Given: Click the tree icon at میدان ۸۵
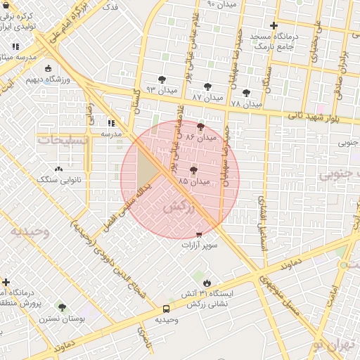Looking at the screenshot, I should pyautogui.click(x=193, y=170).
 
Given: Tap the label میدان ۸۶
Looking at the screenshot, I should pyautogui.click(x=199, y=139).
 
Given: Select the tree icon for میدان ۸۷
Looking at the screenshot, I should pyautogui.click(x=208, y=87).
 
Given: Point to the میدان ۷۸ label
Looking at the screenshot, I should pyautogui.click(x=245, y=104).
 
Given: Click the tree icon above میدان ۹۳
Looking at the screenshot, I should pyautogui.click(x=162, y=79).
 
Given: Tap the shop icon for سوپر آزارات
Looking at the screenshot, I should pyautogui.click(x=199, y=234).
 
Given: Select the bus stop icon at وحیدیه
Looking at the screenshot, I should pyautogui.click(x=167, y=309).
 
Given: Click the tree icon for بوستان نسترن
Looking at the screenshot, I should pyautogui.click(x=63, y=307).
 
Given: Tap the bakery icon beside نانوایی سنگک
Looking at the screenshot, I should pyautogui.click(x=58, y=169).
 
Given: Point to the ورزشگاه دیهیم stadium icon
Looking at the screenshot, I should pyautogui.click(x=48, y=69).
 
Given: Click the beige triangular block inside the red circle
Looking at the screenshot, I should pyautogui.click(x=147, y=169).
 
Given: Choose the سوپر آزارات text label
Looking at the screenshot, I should pyautogui.click(x=200, y=245).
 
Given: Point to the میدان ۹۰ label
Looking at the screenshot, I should pyautogui.click(x=221, y=4).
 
